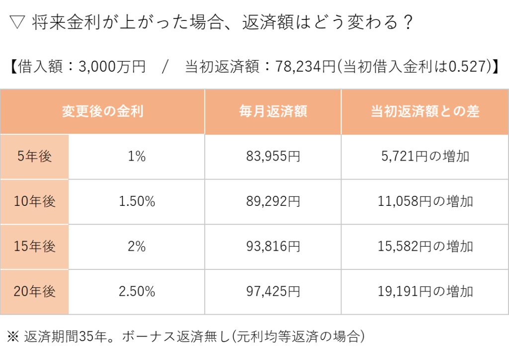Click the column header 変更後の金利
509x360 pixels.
102,111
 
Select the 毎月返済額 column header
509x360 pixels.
273,111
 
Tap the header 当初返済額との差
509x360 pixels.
425,111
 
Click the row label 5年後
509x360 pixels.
34,157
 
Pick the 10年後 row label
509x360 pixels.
34,201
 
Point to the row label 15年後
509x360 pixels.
34,247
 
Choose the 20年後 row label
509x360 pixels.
34,291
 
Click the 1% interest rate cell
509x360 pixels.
137,157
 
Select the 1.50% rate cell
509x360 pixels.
137,201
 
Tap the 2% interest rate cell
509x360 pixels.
137,247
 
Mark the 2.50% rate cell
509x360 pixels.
137,291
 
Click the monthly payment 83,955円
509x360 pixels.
273,157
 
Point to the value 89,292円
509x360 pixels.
273,201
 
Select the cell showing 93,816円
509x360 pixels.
273,247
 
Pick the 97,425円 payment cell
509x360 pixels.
273,291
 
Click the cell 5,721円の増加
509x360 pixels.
425,157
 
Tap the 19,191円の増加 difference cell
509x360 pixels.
425,291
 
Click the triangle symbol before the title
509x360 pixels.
17,22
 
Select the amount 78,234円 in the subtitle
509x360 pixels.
305,67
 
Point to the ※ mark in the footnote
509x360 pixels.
13,336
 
